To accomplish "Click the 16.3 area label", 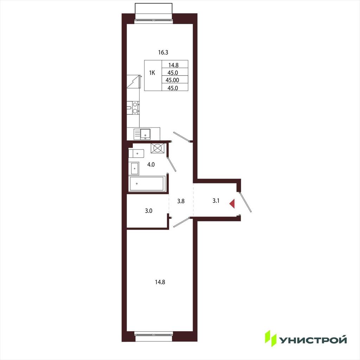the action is tap(163, 52).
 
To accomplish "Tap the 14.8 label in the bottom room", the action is tap(160, 282).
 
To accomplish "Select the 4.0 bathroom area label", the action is tap(151, 165).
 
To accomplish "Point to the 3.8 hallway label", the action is tap(181, 201).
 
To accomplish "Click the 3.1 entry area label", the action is tap(216, 201).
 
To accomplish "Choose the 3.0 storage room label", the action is tap(149, 211).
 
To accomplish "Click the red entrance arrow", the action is tap(232, 204).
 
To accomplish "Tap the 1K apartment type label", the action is tap(152, 73).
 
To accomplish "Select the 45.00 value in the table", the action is tap(172, 80).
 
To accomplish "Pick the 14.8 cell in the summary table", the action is tap(173, 65).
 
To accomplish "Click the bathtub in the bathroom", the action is tap(147, 184).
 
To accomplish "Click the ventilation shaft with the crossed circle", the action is tap(157, 148).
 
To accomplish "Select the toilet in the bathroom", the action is tap(136, 153).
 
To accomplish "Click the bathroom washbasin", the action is tap(135, 169).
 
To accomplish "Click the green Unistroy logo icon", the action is tap(271, 338).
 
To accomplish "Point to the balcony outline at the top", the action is tap(154, 11).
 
